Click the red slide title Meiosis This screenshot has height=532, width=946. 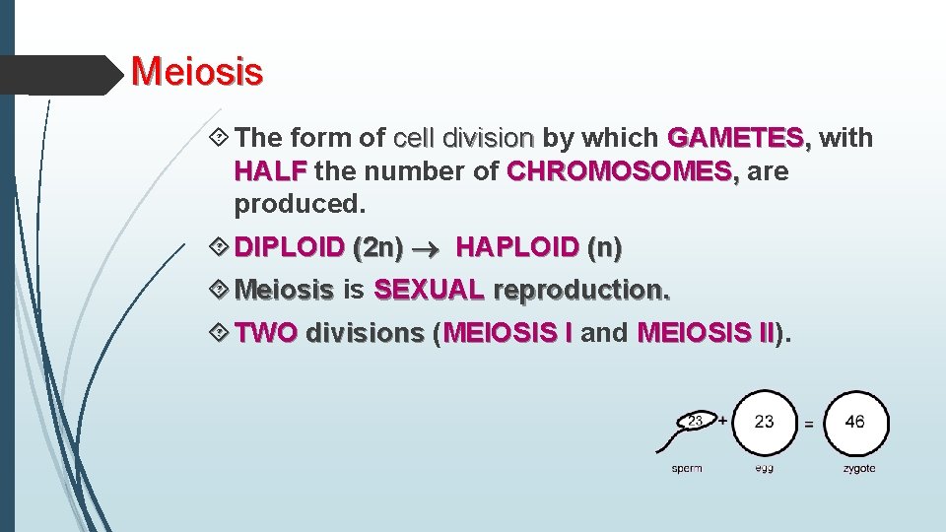coord(197,72)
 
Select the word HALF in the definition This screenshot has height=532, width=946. coord(269,171)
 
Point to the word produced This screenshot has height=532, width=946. coord(300,205)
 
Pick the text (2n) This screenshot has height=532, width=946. coord(376,247)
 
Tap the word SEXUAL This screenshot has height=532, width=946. coord(429,291)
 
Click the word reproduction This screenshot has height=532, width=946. coord(580,291)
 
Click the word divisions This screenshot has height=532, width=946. coord(364,333)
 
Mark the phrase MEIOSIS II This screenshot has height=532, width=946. coord(706,333)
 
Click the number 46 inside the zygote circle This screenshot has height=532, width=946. coord(855,422)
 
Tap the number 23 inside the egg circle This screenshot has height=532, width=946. coord(764,422)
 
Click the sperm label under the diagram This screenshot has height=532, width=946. coord(687,469)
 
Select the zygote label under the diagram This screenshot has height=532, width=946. coord(858,469)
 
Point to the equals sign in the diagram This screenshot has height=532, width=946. coord(808,425)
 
